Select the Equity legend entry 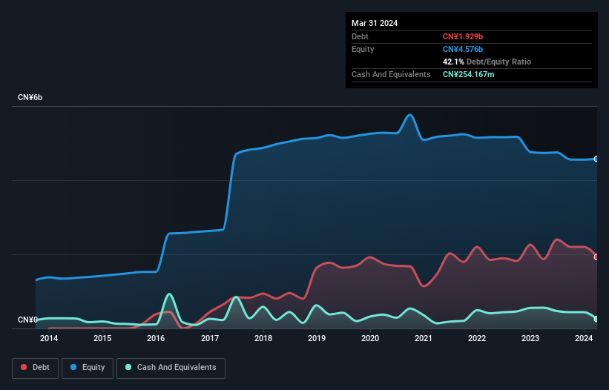88,367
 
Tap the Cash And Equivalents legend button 171,367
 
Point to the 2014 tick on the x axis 49,339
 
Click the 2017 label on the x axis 210,339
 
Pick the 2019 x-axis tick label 317,339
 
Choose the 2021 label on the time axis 424,339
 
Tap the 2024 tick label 584,339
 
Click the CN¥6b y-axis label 30,98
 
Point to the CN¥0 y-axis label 27,320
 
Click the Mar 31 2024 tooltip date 375,23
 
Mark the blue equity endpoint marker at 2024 596,159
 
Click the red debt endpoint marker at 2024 596,257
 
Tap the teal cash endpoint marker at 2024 596,319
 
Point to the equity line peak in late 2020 409,115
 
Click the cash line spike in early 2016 169,294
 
